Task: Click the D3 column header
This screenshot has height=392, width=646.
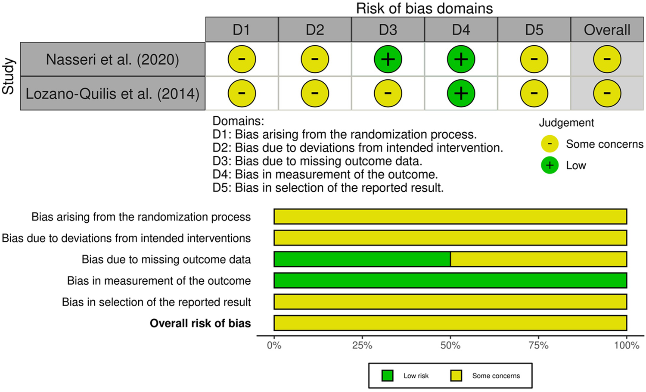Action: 388,30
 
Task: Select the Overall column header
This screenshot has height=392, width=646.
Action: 607,30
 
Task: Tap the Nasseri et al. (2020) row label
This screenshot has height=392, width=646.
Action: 112,59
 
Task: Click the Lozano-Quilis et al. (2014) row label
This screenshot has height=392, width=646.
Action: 112,93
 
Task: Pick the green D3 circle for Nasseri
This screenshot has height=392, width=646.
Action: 388,59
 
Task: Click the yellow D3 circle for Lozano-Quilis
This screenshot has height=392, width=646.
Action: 388,93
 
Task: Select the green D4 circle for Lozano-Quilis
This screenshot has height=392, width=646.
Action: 461,93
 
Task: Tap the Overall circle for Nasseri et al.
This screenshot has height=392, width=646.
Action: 607,59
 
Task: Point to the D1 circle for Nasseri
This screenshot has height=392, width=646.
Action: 242,59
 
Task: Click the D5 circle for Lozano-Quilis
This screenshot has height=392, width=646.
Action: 534,93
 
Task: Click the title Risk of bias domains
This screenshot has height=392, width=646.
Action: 424,9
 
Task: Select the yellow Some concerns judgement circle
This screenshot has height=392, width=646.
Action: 550,144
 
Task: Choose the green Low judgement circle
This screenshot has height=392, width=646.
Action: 550,165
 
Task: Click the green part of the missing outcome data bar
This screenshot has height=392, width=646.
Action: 362,259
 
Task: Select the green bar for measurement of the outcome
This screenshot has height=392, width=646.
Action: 450,280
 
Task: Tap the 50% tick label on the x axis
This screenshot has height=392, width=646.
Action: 450,345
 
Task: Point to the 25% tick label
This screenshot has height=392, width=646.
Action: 362,345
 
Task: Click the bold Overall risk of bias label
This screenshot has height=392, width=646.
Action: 200,324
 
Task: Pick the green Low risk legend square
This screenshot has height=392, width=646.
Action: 388,376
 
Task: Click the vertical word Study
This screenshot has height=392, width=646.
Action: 9,76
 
